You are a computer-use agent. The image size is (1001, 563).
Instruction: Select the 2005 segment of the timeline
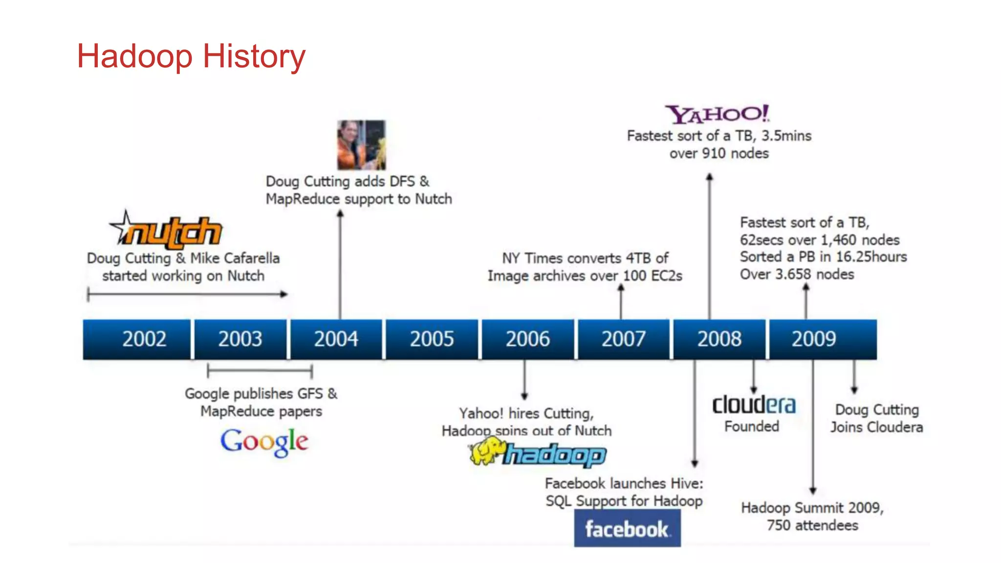click(x=432, y=339)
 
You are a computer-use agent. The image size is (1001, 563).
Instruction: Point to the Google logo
click(x=264, y=442)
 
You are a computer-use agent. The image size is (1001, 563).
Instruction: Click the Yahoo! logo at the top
click(x=717, y=114)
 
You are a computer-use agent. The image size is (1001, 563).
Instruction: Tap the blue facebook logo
click(x=627, y=529)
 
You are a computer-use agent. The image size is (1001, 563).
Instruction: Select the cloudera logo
click(x=754, y=405)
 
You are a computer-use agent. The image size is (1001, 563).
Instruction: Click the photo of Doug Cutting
click(x=361, y=145)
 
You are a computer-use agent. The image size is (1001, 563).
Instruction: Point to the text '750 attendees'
click(x=812, y=525)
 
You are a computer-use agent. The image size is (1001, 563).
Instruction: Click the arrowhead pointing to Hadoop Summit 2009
click(x=813, y=490)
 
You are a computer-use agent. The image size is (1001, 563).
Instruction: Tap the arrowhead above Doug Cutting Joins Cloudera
click(x=854, y=390)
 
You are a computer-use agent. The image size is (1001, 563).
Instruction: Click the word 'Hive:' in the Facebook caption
click(x=687, y=483)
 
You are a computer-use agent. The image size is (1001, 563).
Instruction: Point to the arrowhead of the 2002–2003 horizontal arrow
click(x=283, y=294)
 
